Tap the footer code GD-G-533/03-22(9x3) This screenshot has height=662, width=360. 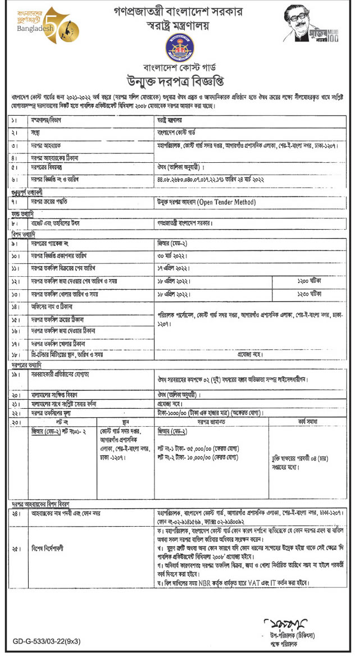point(47,640)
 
